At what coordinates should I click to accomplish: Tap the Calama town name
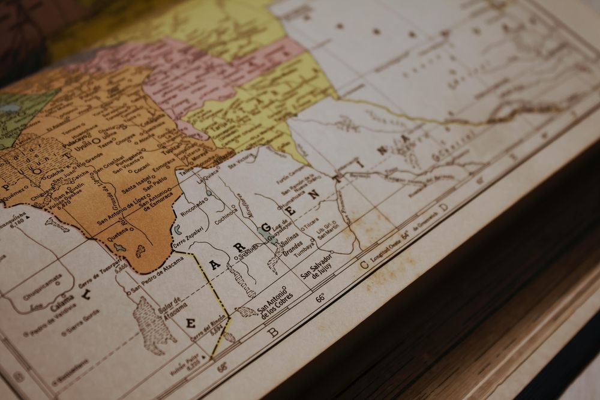pos(62,300)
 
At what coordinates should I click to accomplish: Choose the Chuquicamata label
pos(43,287)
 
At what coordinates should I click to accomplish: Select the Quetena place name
pos(118,237)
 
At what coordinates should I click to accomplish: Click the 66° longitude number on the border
pos(321,297)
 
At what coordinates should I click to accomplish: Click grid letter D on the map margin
pos(443,207)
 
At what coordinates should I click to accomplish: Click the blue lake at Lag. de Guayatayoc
pos(265,231)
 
